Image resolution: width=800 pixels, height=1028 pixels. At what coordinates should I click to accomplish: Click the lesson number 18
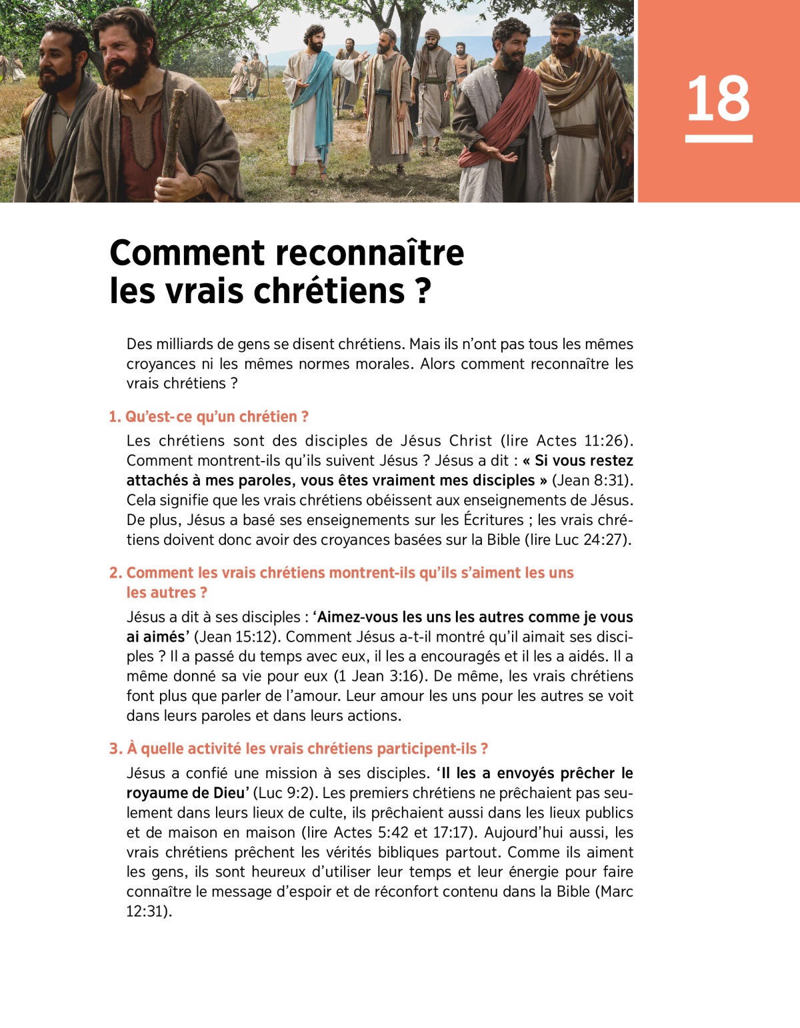[x=718, y=99]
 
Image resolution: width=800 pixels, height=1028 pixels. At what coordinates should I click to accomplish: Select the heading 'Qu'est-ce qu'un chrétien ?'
[x=217, y=417]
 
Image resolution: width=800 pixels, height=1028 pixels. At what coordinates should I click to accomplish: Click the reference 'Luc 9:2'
[x=287, y=793]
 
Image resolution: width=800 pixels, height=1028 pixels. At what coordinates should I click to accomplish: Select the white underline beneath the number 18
[x=719, y=139]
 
